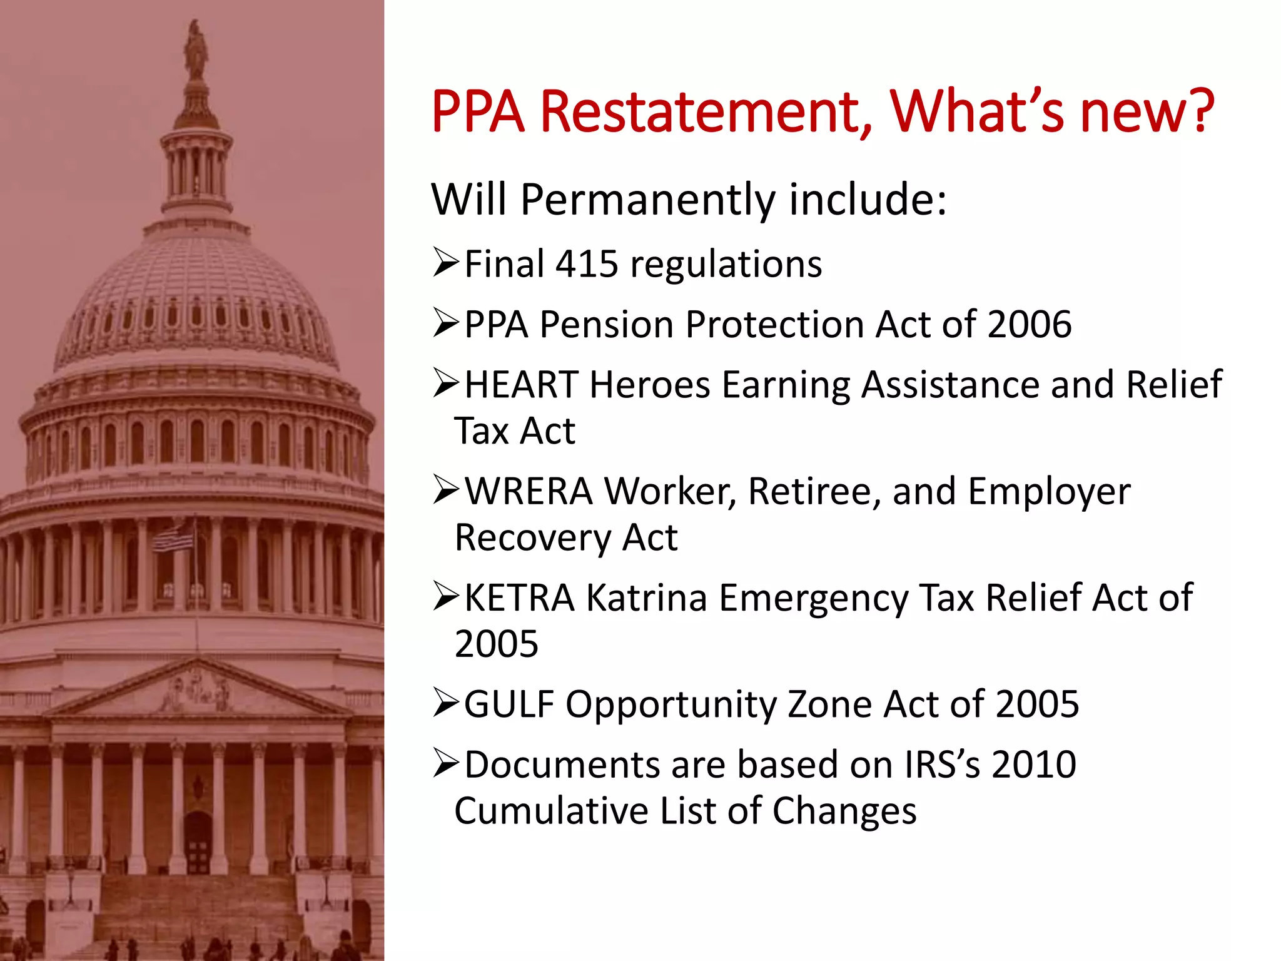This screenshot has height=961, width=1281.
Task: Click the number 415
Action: [587, 264]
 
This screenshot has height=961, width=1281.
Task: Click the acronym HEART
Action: [521, 384]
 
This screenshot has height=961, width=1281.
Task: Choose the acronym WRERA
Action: [529, 491]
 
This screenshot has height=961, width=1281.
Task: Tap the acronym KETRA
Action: [519, 597]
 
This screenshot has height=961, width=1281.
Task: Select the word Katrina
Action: [646, 597]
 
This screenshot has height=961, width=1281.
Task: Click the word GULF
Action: [509, 704]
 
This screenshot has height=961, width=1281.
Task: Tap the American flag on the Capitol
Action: [175, 539]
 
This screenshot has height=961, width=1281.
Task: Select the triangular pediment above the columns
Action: [197, 691]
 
